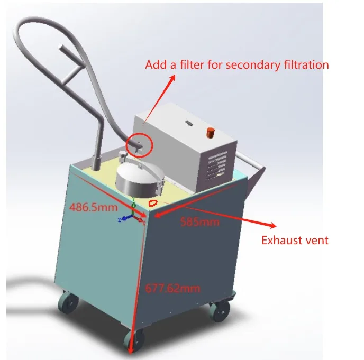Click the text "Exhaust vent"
[295, 241]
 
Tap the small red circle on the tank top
[153, 202]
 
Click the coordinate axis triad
[131, 215]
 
